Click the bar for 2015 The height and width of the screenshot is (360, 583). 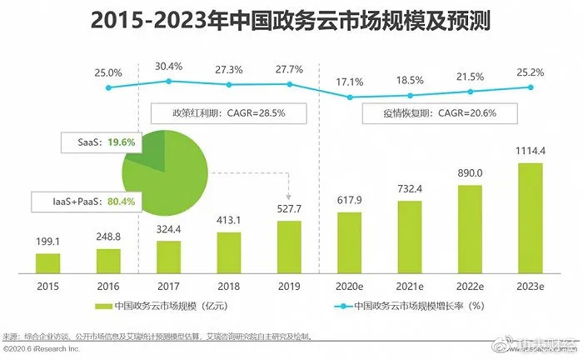[x=47, y=262]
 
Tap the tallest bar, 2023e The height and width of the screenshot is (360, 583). [x=530, y=217]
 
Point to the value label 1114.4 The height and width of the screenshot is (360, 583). [x=530, y=152]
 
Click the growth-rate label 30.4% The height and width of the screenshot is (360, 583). [x=169, y=67]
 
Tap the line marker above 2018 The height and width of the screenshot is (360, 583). [x=229, y=86]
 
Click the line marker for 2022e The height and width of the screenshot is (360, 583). [x=470, y=92]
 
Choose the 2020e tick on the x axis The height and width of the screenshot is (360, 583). [x=349, y=285]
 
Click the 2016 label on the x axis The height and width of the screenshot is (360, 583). [x=107, y=285]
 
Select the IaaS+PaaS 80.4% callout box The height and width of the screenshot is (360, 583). [x=84, y=202]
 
